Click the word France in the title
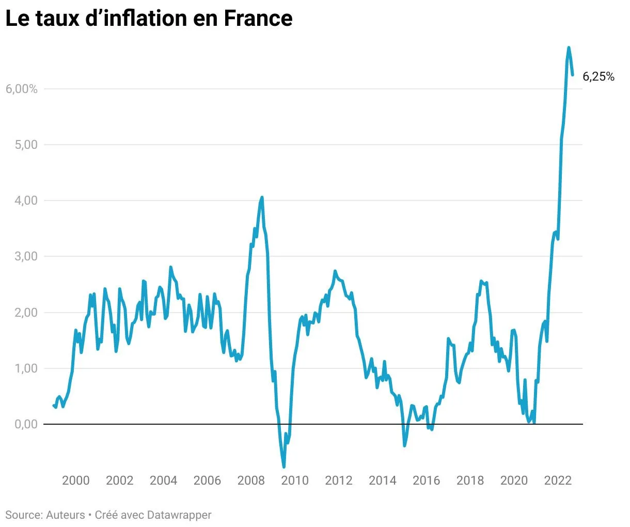pos(258,19)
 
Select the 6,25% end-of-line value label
pos(598,77)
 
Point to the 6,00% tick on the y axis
pos(22,89)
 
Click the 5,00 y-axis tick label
pos(25,145)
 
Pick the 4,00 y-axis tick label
pos(25,200)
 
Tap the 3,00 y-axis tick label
pos(25,257)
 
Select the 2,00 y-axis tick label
pos(25,313)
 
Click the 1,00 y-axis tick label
pos(25,368)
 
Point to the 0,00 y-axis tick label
pos(25,424)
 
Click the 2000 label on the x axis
pos(76,481)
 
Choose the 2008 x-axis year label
pos(251,481)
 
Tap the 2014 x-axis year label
pos(383,481)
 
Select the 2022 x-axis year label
pos(558,481)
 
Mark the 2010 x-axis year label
pos(295,481)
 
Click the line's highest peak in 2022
pos(569,48)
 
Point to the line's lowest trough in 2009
pos(284,467)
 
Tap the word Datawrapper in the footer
pos(179,515)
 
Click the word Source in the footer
pos(23,515)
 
